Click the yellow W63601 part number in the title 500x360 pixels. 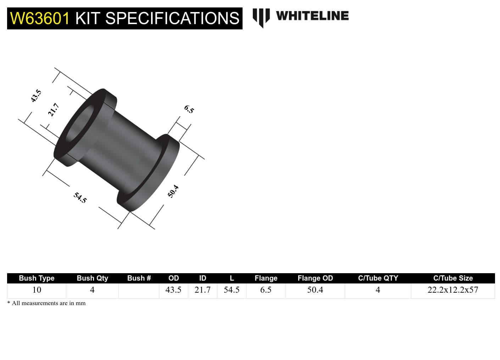(40, 18)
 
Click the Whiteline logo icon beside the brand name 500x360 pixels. (261, 17)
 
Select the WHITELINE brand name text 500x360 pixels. (312, 16)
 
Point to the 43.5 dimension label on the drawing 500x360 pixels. (36, 96)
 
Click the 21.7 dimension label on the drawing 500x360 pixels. (54, 109)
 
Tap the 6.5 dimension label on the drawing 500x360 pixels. (189, 109)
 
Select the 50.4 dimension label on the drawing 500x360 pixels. (173, 191)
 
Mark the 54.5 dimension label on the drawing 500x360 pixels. (80, 197)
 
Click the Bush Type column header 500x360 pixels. (37, 278)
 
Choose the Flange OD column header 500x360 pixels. (315, 278)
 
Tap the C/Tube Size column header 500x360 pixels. (453, 278)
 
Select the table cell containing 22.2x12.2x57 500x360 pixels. (453, 290)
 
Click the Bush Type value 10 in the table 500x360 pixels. (37, 290)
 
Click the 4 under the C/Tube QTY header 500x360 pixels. (378, 290)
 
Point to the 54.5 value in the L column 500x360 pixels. (232, 290)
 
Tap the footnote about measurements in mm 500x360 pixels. (46, 303)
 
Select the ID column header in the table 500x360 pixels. (202, 278)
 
